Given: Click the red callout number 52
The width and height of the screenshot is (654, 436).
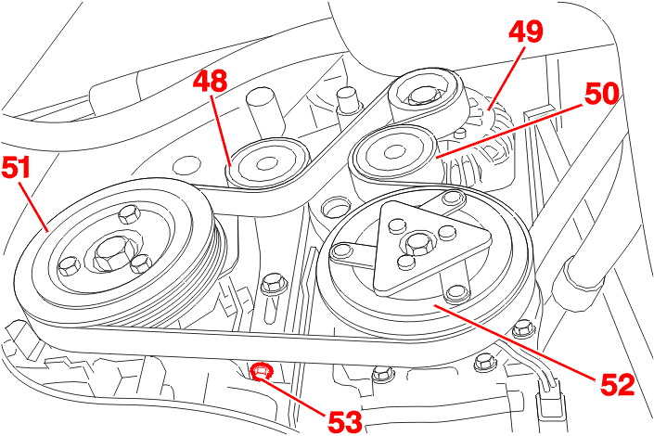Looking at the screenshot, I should pos(614,383).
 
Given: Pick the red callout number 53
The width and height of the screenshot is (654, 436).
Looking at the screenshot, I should pos(344,418).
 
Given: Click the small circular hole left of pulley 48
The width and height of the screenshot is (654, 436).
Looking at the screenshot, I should pos(184,167).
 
